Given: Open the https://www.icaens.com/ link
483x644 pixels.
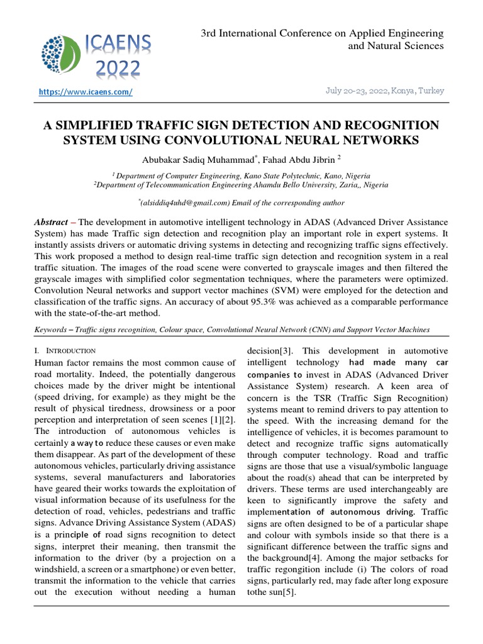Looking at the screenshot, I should click(x=86, y=92).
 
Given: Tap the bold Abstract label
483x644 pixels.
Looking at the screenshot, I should click(x=52, y=223).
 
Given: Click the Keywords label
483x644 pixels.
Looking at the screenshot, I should click(x=52, y=330).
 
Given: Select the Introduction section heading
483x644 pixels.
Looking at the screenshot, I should click(x=69, y=350).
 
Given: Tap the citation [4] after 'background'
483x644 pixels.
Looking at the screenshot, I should click(x=316, y=557).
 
